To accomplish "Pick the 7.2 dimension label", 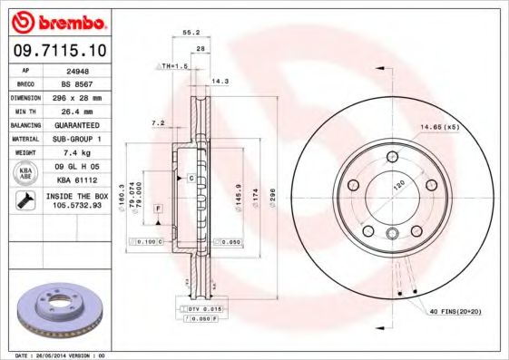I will tap(158, 122).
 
